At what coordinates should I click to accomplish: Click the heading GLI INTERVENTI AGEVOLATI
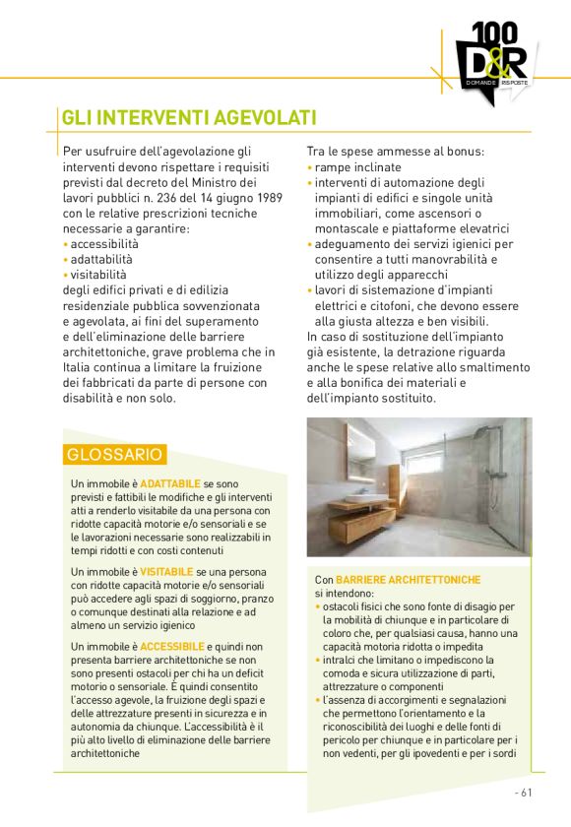click(188, 118)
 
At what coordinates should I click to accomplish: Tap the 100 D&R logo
click(493, 59)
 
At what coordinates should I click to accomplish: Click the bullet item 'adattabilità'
click(102, 259)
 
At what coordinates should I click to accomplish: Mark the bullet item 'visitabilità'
click(97, 274)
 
